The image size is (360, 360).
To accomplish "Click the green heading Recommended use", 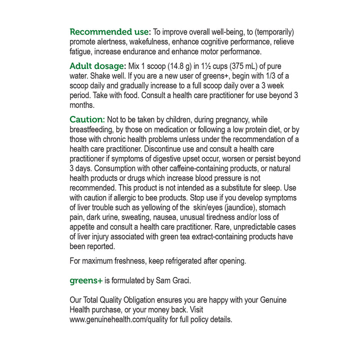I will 109,32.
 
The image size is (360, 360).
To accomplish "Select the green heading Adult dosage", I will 97,66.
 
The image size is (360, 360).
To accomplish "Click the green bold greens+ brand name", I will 86,280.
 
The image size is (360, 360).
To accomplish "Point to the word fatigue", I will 81,51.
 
